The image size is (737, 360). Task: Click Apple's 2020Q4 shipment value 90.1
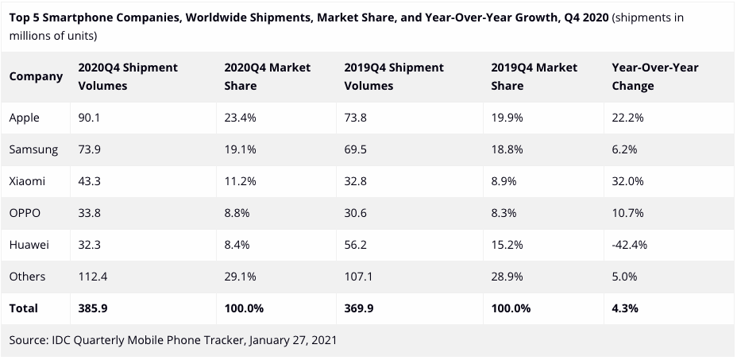pos(88,118)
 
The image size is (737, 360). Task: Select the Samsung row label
pos(33,149)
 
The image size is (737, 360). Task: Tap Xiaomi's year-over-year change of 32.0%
pos(628,181)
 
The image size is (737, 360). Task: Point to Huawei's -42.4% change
pos(630,245)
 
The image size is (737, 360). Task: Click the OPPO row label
pos(25,213)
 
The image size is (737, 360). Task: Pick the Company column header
pos(36,77)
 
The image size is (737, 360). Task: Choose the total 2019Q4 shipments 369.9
pos(360,308)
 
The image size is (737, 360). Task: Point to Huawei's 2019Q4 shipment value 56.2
pos(355,245)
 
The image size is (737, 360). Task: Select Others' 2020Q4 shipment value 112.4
pos(94,277)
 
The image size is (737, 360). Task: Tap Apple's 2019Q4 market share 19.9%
pos(507,118)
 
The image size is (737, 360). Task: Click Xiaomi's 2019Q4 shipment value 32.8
pos(355,181)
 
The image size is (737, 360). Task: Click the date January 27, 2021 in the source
pos(293,340)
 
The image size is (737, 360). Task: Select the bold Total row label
pos(24,308)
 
